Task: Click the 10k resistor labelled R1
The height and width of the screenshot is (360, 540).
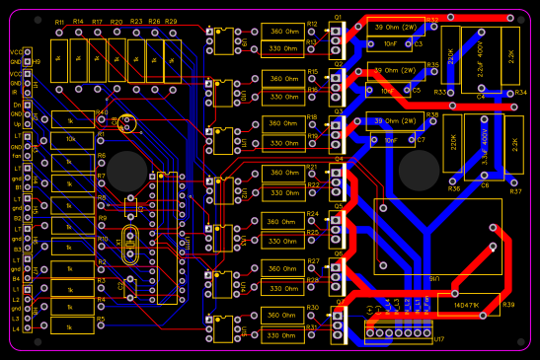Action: tap(70, 139)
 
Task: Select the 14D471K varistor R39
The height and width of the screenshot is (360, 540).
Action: tap(466, 305)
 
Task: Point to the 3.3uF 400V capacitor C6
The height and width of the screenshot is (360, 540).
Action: tap(484, 147)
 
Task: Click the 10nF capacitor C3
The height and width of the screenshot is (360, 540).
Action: tap(391, 44)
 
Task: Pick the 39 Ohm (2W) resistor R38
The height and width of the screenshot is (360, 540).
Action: tap(392, 121)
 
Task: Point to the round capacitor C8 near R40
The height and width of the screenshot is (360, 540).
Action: tap(126, 123)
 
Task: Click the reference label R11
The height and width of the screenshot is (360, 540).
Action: tap(59, 22)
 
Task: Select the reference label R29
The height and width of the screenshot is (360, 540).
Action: tap(171, 22)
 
